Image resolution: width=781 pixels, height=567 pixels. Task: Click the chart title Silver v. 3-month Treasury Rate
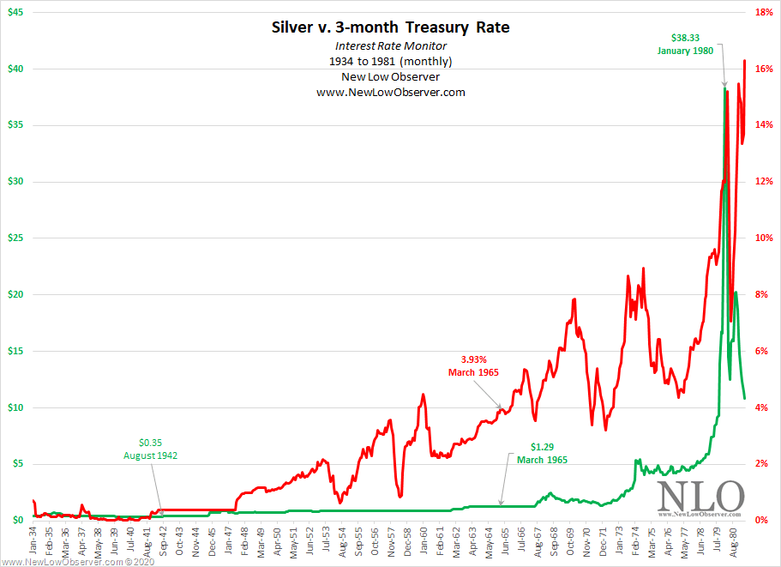click(x=390, y=27)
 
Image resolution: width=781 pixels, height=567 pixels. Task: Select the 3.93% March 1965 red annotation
click(x=473, y=365)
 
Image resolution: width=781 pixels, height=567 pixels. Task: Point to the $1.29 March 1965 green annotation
click(x=542, y=453)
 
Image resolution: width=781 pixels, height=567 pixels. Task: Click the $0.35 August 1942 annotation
click(x=151, y=449)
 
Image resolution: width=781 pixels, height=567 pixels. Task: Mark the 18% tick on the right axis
click(x=764, y=12)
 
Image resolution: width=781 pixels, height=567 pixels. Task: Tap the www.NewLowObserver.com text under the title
click(x=390, y=92)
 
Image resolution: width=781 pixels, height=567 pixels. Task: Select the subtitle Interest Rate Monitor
click(x=390, y=45)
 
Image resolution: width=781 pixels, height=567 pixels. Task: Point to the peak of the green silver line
click(x=725, y=88)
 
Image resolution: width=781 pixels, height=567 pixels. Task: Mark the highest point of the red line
click(x=744, y=61)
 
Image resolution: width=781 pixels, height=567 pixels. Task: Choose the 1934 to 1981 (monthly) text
click(x=390, y=61)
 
